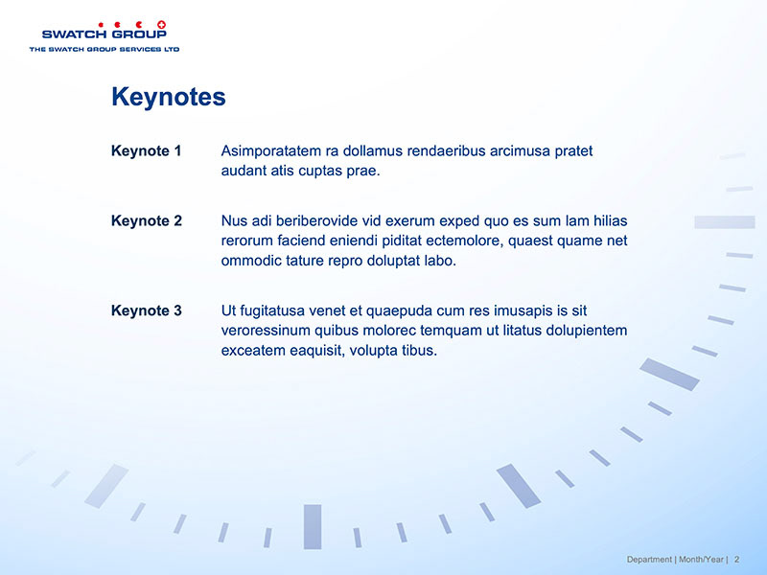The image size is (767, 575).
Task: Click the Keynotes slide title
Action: [169, 97]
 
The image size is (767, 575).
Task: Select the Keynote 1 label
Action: [147, 150]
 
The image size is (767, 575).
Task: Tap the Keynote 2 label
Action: [147, 220]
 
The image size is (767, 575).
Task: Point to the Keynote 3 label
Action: [147, 310]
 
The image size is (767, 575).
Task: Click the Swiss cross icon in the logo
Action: [161, 25]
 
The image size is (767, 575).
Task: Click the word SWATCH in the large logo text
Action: [74, 34]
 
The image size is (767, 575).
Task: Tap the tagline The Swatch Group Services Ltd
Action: [105, 49]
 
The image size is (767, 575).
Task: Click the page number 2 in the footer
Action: [736, 560]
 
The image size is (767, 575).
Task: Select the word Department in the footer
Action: [649, 560]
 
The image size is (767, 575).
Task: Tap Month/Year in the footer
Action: [701, 560]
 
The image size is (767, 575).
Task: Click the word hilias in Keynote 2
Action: [611, 220]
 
